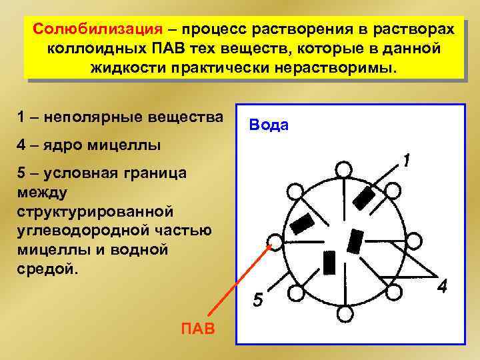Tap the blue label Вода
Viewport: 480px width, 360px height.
(268, 125)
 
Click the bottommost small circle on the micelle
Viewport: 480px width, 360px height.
(344, 313)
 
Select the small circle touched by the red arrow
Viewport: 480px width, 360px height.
(274, 241)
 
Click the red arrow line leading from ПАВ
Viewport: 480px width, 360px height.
(240, 280)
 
